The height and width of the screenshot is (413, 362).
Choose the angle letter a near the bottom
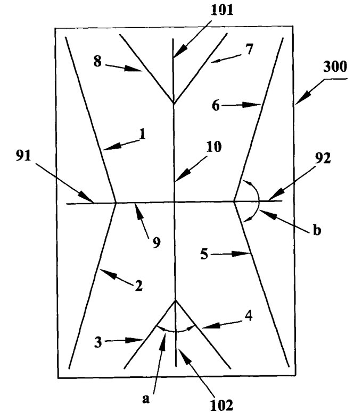[145, 398]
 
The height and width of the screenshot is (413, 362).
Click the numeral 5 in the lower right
[204, 255]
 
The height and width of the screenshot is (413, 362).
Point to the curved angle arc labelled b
[258, 201]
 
